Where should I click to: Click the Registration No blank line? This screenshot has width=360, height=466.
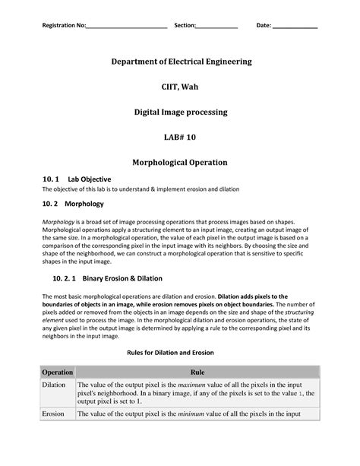coord(127,27)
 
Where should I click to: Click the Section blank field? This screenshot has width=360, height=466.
coord(217,27)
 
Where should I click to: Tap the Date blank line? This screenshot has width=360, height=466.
coord(295,27)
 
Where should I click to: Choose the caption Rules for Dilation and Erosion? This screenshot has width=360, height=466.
coord(180,353)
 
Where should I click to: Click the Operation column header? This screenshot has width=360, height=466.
coord(57,373)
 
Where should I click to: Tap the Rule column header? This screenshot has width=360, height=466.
coord(197,373)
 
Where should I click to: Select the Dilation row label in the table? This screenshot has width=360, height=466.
coord(54,387)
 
